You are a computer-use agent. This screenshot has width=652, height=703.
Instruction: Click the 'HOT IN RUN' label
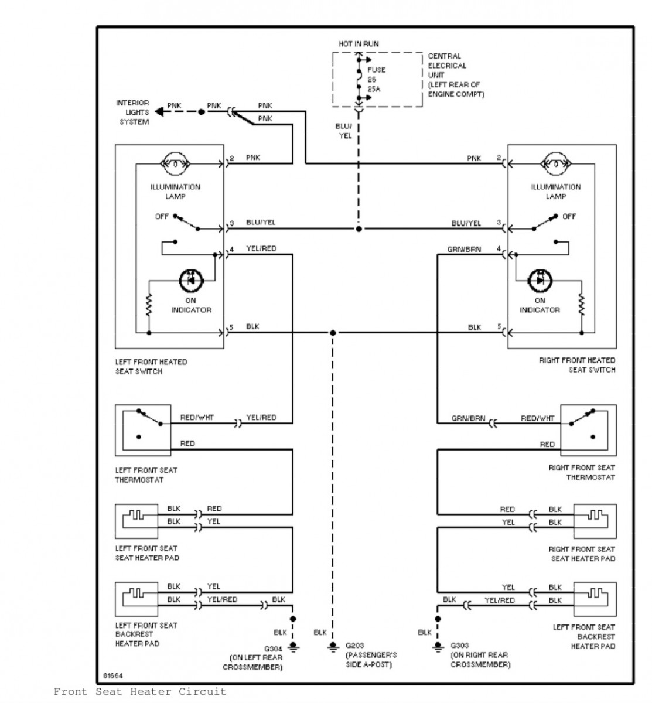[359, 44]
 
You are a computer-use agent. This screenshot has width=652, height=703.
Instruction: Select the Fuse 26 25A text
[376, 79]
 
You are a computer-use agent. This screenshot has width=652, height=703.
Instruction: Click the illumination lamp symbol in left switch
[176, 164]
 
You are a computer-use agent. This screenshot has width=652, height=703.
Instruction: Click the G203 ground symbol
[333, 646]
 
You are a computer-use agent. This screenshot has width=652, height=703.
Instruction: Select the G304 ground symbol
[292, 646]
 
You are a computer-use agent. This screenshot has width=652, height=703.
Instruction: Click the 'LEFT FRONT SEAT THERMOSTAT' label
[146, 475]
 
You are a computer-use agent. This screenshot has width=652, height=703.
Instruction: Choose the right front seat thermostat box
[588, 430]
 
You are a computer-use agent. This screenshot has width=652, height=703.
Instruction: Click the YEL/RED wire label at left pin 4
[261, 249]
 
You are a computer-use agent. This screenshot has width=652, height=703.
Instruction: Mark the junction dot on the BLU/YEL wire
[359, 228]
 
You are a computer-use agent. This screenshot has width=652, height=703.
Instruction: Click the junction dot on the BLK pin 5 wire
[333, 332]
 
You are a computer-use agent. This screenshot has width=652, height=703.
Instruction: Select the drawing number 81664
[114, 675]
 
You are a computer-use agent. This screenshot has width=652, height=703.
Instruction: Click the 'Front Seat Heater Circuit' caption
[140, 692]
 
